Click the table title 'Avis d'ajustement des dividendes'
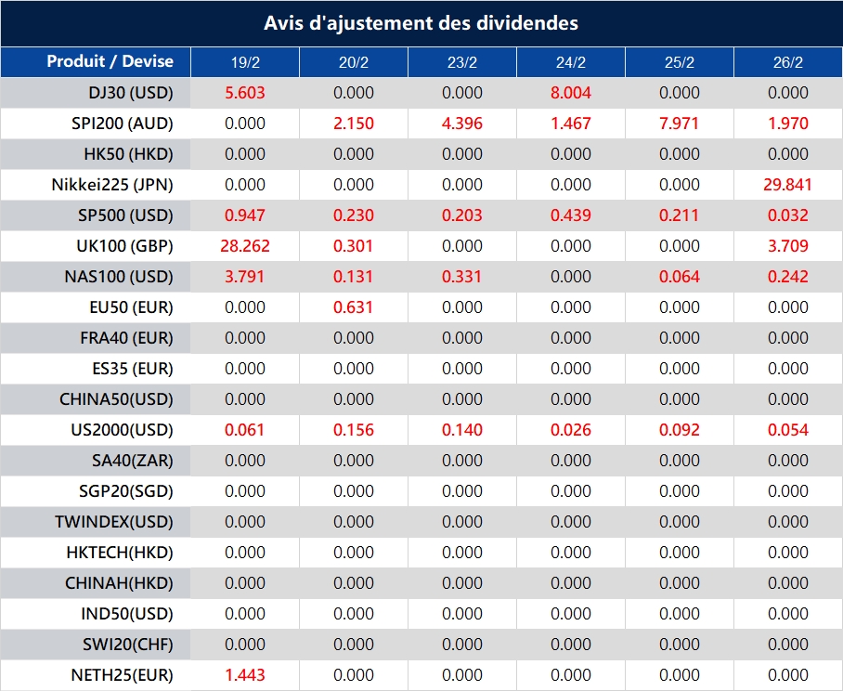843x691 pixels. [x=421, y=23]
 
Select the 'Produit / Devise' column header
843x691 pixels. [x=110, y=62]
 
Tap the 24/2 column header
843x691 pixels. [x=570, y=63]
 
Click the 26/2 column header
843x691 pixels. [x=787, y=63]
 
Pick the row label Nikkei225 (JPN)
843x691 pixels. [x=112, y=185]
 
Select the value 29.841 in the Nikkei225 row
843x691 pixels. [x=787, y=185]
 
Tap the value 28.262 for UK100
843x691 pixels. [x=245, y=246]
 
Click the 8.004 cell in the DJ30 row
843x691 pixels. [x=570, y=93]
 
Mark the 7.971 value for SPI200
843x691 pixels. [x=679, y=124]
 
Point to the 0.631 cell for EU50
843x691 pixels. [x=354, y=307]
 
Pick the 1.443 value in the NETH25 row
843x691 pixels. [x=245, y=675]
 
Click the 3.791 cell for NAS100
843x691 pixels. [x=245, y=277]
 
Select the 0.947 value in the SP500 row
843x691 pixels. [x=245, y=215]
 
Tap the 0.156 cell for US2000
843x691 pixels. [x=354, y=430]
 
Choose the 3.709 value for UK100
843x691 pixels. [x=787, y=246]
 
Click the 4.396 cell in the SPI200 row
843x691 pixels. [x=462, y=124]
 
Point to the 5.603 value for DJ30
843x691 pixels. [x=245, y=93]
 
